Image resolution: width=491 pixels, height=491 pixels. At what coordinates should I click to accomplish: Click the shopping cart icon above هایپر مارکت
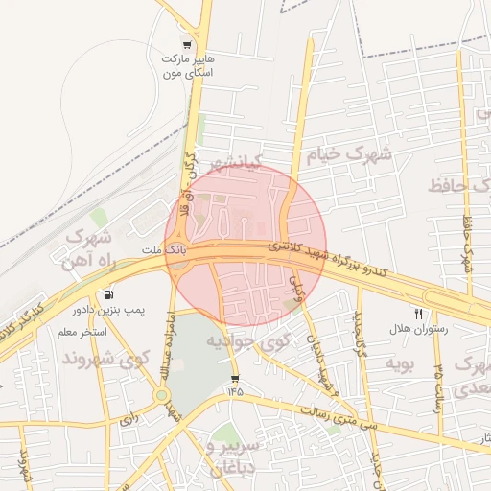187,44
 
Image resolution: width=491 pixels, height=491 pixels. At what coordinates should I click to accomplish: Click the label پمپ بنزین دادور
107,311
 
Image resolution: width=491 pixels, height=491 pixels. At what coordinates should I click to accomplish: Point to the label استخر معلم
81,332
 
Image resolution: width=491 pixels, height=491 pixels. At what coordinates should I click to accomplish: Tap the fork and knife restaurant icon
418,313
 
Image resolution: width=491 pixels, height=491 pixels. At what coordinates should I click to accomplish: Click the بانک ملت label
162,250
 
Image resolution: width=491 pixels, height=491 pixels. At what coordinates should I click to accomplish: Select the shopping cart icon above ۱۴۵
235,380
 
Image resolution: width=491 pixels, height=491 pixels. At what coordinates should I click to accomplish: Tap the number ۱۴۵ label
235,392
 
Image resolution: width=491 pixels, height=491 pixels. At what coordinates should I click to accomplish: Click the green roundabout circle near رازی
162,394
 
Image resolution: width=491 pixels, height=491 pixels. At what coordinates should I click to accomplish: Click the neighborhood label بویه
398,364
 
